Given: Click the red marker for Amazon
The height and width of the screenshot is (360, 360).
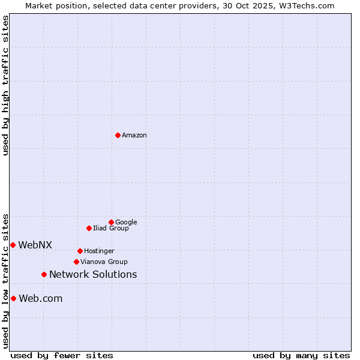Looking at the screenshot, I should click(118, 135).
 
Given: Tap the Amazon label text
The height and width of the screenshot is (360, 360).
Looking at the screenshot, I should click(134, 136).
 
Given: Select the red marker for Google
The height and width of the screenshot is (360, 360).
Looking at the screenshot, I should click(111, 222).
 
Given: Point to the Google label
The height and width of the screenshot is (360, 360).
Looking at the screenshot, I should click(126, 223).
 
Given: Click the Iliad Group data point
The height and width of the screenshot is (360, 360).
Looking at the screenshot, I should click(89, 228).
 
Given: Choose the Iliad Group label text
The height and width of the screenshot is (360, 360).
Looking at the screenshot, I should click(111, 229).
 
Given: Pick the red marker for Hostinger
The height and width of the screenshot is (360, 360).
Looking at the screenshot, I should click(80, 251).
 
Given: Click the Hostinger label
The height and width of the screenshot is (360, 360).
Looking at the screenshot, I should click(99, 251).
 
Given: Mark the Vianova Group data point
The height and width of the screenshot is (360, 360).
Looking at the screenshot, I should click(76, 262).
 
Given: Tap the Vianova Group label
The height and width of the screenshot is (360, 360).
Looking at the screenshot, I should click(104, 262).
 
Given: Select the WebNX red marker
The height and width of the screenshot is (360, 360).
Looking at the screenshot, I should click(13, 245).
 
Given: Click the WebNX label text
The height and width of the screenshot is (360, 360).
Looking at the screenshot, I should click(35, 245).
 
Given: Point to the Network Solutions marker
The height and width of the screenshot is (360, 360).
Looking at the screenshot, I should click(44, 274).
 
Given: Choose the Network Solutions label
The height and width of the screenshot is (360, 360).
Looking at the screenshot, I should click(93, 275).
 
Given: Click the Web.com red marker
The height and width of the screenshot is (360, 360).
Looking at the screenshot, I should click(13, 298).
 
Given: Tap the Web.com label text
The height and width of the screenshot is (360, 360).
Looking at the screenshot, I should click(41, 299).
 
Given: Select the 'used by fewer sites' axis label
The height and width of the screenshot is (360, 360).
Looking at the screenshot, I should click(62, 355).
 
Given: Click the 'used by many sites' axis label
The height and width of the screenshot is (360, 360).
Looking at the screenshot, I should click(301, 355).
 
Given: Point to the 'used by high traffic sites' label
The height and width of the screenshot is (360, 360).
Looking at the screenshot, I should click(5, 85).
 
